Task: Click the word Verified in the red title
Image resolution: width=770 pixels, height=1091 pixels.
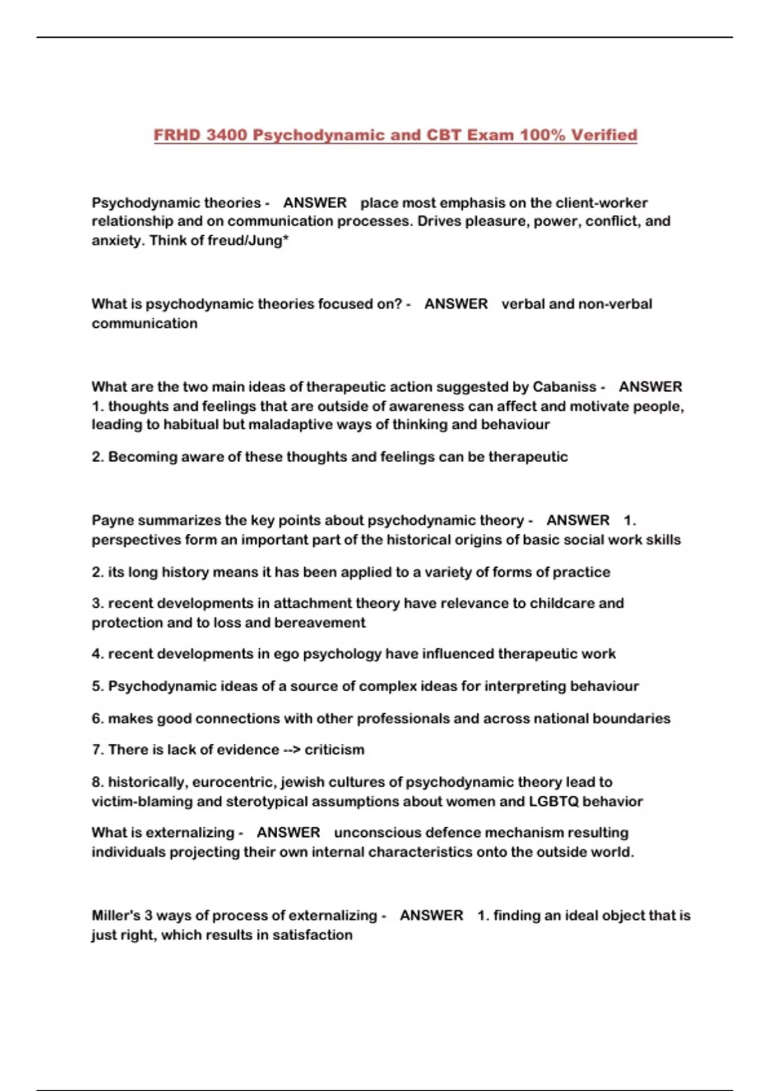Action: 604,135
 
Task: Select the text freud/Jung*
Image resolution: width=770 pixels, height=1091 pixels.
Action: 252,241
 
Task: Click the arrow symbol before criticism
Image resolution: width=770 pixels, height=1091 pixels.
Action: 291,750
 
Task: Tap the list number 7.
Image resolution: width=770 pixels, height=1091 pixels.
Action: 97,750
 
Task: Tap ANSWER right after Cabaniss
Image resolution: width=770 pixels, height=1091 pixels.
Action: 650,387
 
